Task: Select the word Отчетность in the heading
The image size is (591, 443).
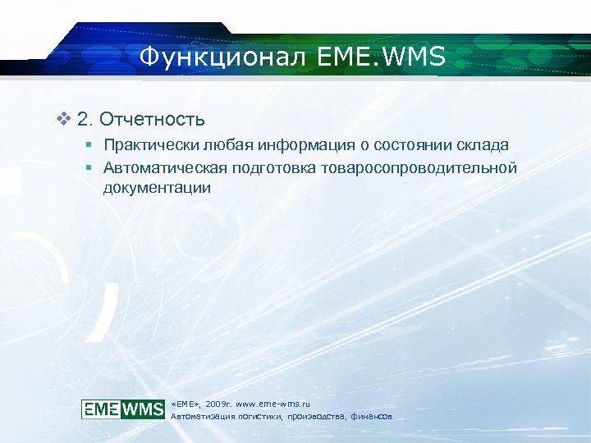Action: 153,121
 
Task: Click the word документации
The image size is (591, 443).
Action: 157,188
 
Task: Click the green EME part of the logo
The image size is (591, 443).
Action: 101,409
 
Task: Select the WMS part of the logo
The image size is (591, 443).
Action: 142,409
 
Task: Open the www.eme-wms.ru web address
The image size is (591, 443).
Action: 273,404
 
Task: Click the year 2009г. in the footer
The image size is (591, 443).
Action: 219,404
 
